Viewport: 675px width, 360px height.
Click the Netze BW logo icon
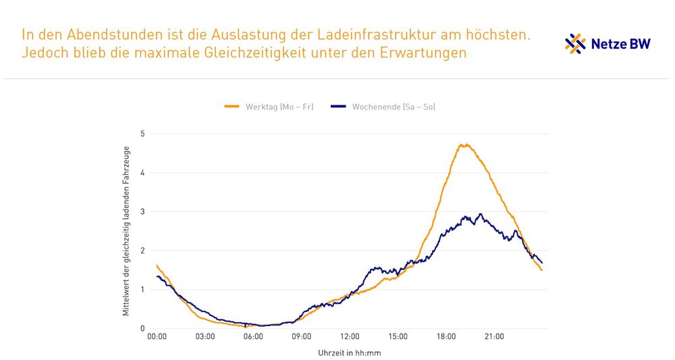[575, 44]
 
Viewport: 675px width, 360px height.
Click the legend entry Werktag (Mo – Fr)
[269, 107]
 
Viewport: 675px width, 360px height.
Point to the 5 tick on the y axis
[142, 134]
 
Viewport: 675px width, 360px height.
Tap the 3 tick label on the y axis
[142, 211]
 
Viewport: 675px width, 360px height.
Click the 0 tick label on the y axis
[142, 329]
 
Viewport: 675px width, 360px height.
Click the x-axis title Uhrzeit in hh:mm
[344, 352]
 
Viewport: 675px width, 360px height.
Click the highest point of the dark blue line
[481, 214]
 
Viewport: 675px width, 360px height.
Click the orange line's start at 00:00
[157, 265]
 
